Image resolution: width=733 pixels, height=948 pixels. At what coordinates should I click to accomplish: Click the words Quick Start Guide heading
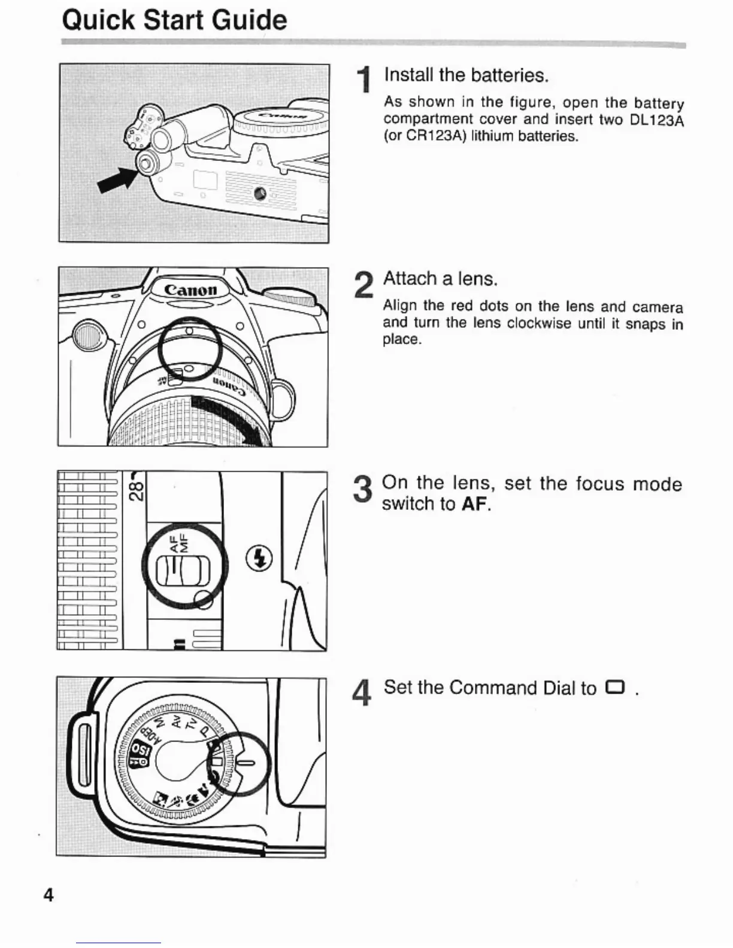coord(174,20)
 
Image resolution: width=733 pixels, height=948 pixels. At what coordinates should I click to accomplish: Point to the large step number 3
coord(363,489)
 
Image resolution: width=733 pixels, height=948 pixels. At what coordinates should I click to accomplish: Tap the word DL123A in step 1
coord(656,120)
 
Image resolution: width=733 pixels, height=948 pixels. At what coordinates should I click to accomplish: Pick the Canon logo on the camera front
coord(190,290)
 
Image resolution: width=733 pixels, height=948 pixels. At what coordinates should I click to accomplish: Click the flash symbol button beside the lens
coord(259,558)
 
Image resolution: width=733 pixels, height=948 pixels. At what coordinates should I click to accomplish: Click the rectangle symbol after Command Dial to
coord(614,687)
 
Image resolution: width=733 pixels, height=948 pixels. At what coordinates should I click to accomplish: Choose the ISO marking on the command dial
coord(142,750)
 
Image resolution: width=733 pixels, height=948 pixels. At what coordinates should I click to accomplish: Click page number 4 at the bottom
coord(49,895)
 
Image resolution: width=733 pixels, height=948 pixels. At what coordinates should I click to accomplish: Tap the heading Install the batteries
coord(466,75)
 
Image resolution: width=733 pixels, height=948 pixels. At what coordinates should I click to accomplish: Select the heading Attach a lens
coord(440,279)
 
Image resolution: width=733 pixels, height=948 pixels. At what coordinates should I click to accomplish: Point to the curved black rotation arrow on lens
coord(231,421)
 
